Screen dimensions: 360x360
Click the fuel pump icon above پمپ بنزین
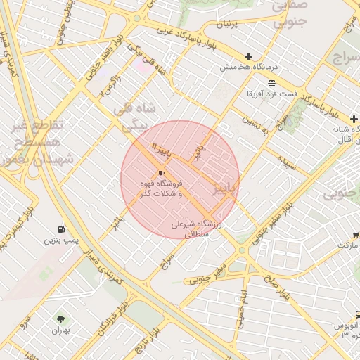tap(62, 229)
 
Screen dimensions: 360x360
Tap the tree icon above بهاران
tap(58, 318)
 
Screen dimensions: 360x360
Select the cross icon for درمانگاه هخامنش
tap(247, 56)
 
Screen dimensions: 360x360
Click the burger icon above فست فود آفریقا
tap(271, 83)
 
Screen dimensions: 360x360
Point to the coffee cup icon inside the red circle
tap(162, 173)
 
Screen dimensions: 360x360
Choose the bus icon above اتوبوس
tap(357, 316)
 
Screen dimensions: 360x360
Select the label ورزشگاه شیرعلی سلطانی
tap(196, 230)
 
